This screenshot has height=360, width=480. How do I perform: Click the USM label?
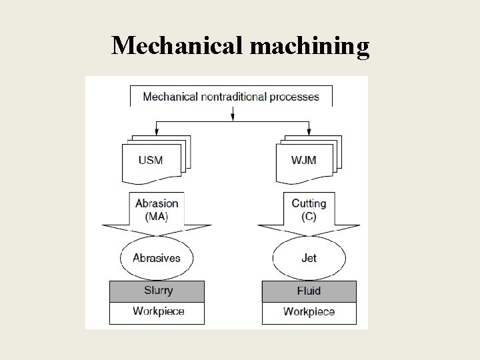click(150, 160)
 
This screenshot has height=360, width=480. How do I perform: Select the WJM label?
click(303, 160)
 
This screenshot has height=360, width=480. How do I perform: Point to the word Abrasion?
click(157, 203)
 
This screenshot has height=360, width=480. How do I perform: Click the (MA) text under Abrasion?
click(157, 216)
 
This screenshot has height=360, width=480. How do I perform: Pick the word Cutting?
click(309, 203)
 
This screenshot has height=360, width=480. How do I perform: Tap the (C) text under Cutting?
click(309, 216)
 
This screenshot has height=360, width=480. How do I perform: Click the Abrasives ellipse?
click(157, 258)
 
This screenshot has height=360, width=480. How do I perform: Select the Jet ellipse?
click(309, 258)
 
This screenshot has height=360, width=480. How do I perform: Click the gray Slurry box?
click(157, 291)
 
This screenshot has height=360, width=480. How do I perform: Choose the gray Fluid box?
click(309, 291)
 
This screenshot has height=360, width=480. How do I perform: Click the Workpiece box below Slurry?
click(157, 312)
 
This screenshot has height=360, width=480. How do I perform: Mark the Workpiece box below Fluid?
click(309, 313)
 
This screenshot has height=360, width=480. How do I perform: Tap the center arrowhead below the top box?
click(232, 117)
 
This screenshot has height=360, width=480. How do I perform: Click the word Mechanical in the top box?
click(170, 97)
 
